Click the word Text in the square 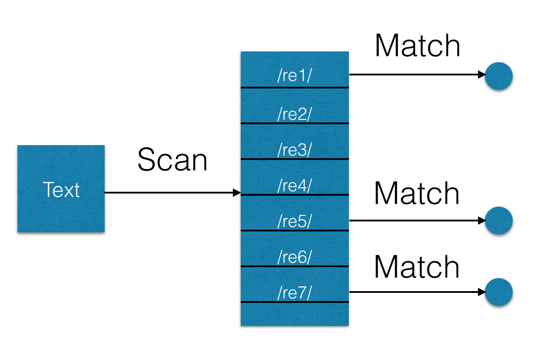pyautogui.click(x=61, y=190)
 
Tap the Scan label pyautogui.click(x=172, y=160)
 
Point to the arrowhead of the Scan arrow pyautogui.click(x=237, y=193)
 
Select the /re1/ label pyautogui.click(x=294, y=76)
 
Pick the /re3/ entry pyautogui.click(x=294, y=149)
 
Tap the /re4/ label pyautogui.click(x=294, y=186)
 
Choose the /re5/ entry pyautogui.click(x=294, y=221)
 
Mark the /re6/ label pyautogui.click(x=294, y=257)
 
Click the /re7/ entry pyautogui.click(x=294, y=293)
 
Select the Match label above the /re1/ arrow pyautogui.click(x=417, y=46)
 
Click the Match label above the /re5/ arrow pyautogui.click(x=416, y=193)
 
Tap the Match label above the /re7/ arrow pyautogui.click(x=416, y=267)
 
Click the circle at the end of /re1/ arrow pyautogui.click(x=498, y=76)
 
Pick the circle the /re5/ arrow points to pyautogui.click(x=498, y=221)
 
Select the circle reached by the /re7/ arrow pyautogui.click(x=498, y=292)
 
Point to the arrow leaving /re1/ pyautogui.click(x=414, y=75)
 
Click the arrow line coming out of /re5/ pyautogui.click(x=414, y=221)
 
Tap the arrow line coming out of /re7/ pyautogui.click(x=414, y=292)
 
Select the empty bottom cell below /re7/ pyautogui.click(x=294, y=314)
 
